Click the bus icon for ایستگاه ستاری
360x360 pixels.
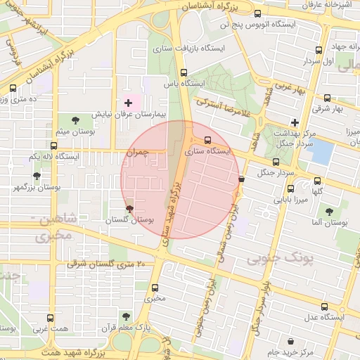click(x=207, y=139)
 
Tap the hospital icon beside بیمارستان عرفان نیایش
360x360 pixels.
click(x=127, y=103)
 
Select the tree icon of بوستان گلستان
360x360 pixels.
click(x=129, y=209)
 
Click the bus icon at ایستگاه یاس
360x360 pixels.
click(x=184, y=72)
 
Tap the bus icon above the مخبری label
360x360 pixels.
click(x=155, y=287)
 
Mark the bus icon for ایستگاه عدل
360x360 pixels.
click(x=324, y=307)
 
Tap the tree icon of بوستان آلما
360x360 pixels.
click(x=329, y=211)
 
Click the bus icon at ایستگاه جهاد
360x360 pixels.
click(x=319, y=50)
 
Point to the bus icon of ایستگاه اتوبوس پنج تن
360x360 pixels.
click(x=257, y=13)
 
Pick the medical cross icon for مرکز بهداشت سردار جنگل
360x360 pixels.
click(x=295, y=122)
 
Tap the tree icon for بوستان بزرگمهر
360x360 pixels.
click(x=37, y=176)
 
